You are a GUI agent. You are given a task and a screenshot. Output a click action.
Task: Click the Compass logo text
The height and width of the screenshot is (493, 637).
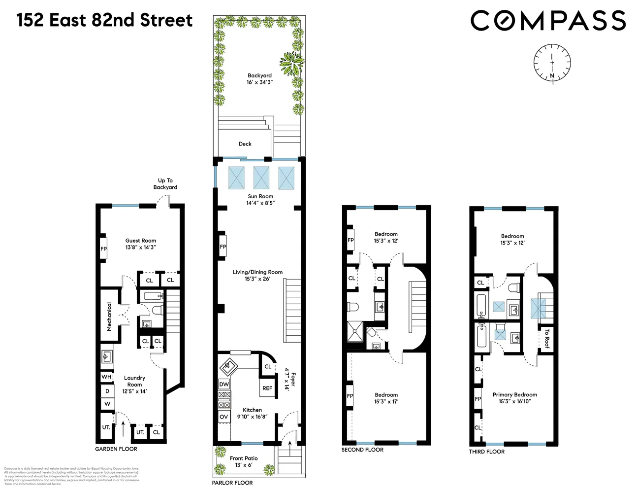[x=548, y=21]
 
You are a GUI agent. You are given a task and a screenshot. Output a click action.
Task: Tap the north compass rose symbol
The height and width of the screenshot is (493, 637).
[x=552, y=63]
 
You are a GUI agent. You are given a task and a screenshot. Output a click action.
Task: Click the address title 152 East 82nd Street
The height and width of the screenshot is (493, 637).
[x=104, y=20]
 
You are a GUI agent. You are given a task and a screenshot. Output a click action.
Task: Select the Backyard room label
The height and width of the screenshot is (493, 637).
[x=259, y=75]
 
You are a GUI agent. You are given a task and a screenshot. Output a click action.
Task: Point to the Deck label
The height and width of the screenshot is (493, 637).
[x=245, y=144]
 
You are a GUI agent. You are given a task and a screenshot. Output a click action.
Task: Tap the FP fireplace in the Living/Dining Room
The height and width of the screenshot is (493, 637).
[x=223, y=246]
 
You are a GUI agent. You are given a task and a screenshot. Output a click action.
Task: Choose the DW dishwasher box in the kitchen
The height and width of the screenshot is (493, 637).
[x=224, y=384]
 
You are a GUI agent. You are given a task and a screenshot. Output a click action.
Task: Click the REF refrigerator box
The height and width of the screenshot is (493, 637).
[x=267, y=388]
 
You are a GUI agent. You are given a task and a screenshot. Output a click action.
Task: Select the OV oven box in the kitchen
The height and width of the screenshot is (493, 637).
[x=224, y=417]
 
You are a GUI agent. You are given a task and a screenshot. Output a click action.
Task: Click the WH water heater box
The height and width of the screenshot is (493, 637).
[x=106, y=377]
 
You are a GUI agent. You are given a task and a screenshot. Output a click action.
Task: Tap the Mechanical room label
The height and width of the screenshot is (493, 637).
[x=109, y=316]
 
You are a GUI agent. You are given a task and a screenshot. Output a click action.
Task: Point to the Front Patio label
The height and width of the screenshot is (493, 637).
[x=244, y=458]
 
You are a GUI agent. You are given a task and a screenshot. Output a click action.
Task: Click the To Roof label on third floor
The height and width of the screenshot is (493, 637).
[x=546, y=339]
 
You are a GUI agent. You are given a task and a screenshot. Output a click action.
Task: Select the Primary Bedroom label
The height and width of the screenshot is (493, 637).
[x=514, y=394]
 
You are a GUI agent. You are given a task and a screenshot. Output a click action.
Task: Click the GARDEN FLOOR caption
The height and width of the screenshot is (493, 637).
[x=116, y=449]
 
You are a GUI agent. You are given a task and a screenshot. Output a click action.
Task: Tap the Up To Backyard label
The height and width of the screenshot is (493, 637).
[x=165, y=184]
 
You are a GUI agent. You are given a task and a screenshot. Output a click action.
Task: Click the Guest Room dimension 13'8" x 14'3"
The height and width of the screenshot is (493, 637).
[x=140, y=247]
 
